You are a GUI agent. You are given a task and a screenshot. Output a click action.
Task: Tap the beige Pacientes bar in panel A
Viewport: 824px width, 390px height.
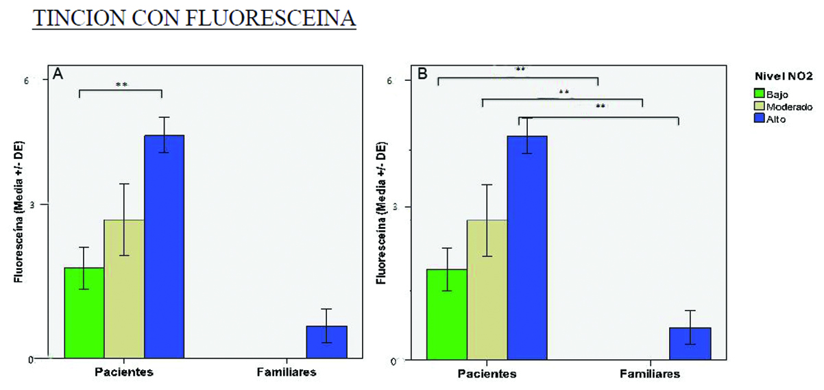(124, 289)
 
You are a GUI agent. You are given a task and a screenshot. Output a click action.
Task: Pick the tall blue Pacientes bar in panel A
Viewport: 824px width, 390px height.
(164, 247)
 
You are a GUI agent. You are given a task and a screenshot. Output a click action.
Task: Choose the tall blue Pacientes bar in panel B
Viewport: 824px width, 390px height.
(527, 247)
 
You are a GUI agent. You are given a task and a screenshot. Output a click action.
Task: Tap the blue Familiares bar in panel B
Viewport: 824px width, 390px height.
(690, 343)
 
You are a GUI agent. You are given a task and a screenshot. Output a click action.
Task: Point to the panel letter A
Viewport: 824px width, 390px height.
(59, 75)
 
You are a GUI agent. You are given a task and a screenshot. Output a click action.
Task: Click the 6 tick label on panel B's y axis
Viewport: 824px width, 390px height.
(407, 80)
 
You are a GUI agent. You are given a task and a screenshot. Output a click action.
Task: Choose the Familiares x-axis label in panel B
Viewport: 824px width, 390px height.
(650, 374)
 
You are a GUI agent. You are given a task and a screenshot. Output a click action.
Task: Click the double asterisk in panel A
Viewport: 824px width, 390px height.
(121, 85)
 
